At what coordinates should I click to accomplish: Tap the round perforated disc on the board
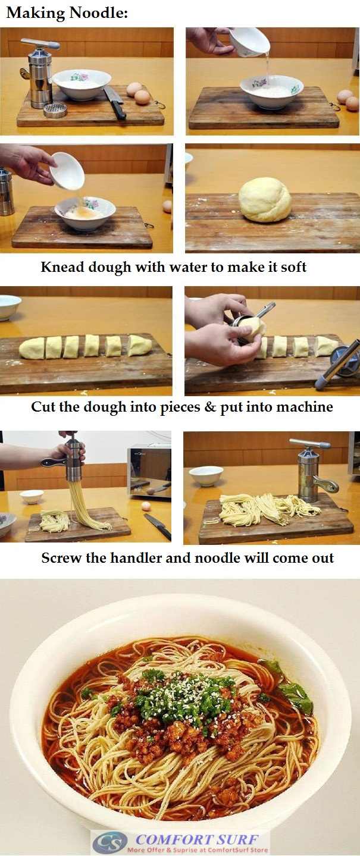(55, 110)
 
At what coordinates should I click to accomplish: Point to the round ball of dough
(265, 200)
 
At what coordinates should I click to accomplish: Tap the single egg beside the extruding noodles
(145, 506)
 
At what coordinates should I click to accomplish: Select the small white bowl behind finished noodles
(206, 475)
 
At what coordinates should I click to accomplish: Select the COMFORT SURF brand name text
(197, 839)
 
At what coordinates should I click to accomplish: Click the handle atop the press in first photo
(40, 43)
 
